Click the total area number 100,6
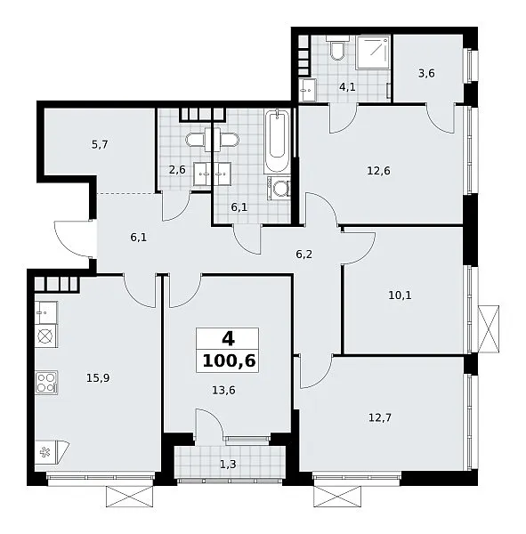[229, 361]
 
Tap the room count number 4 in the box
[228, 339]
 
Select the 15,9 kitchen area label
[98, 377]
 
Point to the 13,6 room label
[223, 390]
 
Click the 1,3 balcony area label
[228, 464]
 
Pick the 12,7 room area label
[380, 417]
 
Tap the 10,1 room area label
[400, 295]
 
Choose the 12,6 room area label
[378, 170]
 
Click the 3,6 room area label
[426, 73]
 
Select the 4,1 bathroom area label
[347, 87]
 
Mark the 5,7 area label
[100, 145]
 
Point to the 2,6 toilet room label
[177, 169]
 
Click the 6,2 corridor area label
[303, 255]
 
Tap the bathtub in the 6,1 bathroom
[277, 141]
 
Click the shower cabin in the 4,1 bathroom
[372, 53]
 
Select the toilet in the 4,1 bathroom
[337, 48]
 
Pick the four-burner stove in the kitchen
[46, 383]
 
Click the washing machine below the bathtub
[279, 188]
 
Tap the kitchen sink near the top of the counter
[46, 312]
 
